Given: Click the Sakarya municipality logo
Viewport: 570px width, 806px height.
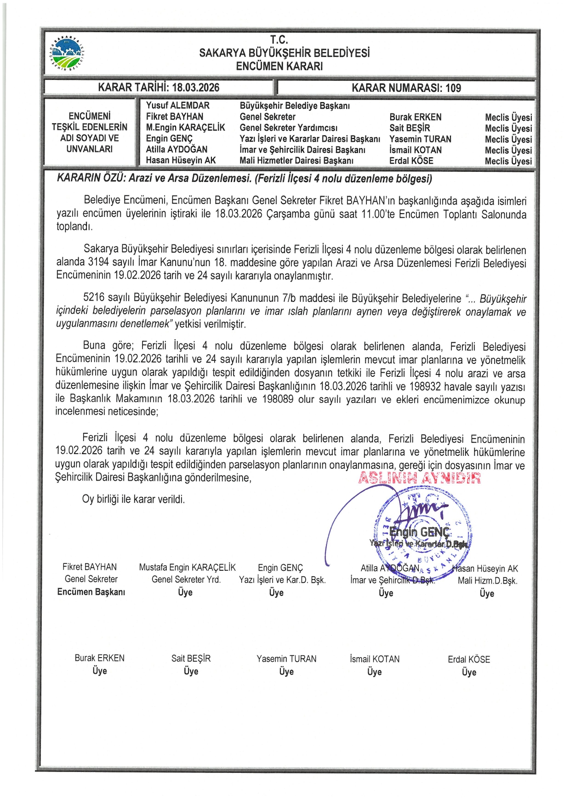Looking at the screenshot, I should (x=67, y=53).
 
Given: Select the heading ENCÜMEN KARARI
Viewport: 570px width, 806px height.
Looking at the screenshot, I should (x=279, y=66).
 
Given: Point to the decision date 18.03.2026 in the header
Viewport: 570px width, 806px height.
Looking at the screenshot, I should (x=195, y=87).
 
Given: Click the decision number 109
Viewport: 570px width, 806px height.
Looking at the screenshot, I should (x=453, y=88).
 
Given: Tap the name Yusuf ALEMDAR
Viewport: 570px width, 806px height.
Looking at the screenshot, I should (x=177, y=106).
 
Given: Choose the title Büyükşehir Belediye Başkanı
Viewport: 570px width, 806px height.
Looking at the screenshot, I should (x=295, y=106).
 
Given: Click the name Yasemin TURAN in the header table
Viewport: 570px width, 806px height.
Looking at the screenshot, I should (x=420, y=139).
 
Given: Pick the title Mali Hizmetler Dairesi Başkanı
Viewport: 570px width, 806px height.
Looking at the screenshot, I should (x=296, y=160).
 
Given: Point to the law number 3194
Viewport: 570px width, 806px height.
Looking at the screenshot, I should (x=98, y=262).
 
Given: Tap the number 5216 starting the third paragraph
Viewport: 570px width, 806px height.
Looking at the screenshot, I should (x=94, y=298).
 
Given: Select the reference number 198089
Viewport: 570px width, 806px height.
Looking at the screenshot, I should (x=278, y=399).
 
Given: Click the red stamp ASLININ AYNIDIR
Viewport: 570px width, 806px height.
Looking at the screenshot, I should (x=419, y=478).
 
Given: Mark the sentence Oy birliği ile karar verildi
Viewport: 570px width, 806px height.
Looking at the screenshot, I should (x=133, y=499).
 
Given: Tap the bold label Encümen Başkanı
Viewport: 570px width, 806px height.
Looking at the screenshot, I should (x=91, y=592).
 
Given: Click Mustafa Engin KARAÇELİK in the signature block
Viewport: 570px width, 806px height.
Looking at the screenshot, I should (x=187, y=568).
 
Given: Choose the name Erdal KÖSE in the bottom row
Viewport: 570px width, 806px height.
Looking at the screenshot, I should (x=469, y=659).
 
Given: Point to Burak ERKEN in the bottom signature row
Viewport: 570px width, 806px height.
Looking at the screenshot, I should (x=99, y=658).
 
